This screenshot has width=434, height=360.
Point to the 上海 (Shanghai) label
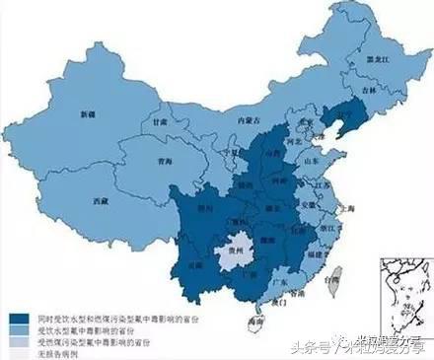coord(345,209)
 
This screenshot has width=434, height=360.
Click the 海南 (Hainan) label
coord(256,322)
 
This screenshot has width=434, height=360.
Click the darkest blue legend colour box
coord(17,320)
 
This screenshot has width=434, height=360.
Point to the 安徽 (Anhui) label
coord(309,205)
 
